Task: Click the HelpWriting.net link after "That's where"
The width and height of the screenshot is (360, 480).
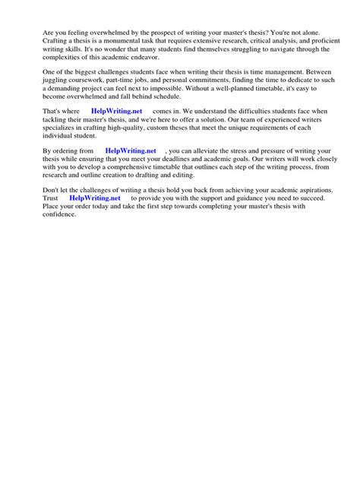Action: coord(116,111)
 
